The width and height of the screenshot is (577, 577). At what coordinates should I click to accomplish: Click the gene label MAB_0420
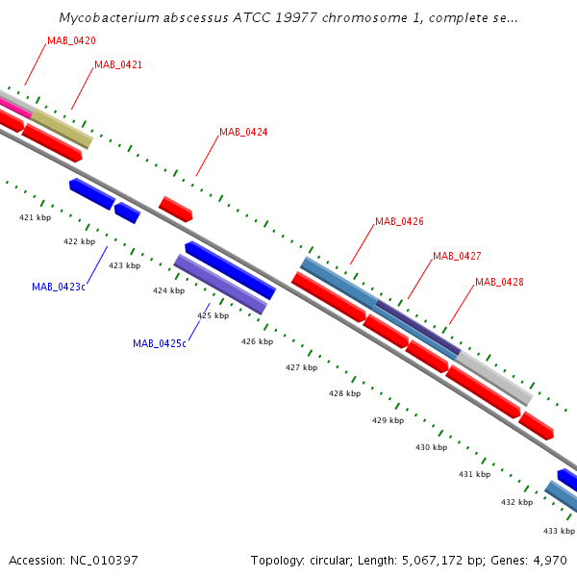coord(71,40)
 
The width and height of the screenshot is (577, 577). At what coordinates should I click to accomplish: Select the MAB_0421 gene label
coord(118,64)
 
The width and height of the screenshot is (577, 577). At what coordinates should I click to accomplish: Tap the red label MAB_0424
coord(243,132)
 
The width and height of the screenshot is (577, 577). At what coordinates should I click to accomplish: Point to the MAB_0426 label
coord(399,221)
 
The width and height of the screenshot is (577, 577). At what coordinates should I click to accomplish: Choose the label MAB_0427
coord(457,256)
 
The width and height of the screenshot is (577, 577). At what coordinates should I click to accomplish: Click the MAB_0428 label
coord(499,282)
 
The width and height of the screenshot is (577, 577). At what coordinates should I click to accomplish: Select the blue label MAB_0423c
coord(59,287)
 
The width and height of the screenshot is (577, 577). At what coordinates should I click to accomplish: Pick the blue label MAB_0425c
coord(160,343)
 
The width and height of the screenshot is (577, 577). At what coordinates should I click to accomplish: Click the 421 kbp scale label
coord(35,217)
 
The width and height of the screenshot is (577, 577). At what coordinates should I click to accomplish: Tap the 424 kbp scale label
coord(169,290)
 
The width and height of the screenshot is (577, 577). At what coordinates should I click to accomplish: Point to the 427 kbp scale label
coord(301,367)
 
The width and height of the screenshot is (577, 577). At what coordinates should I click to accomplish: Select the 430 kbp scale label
coord(431,447)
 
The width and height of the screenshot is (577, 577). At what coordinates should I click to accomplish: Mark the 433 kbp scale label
coord(559,531)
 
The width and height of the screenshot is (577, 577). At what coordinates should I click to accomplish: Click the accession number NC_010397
coord(104,561)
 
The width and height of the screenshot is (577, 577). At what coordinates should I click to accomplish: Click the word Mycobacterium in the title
coord(109,17)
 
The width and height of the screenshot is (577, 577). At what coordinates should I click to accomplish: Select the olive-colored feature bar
coord(62,129)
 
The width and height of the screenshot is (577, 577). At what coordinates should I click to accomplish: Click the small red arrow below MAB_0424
coord(176,209)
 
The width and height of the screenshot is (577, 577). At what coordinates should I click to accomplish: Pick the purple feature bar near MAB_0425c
coord(220,284)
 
